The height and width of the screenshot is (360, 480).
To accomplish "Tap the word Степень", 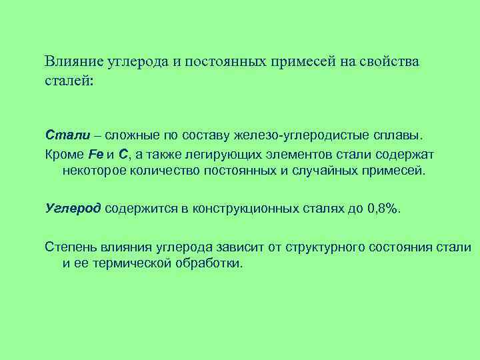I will click(70, 247).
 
